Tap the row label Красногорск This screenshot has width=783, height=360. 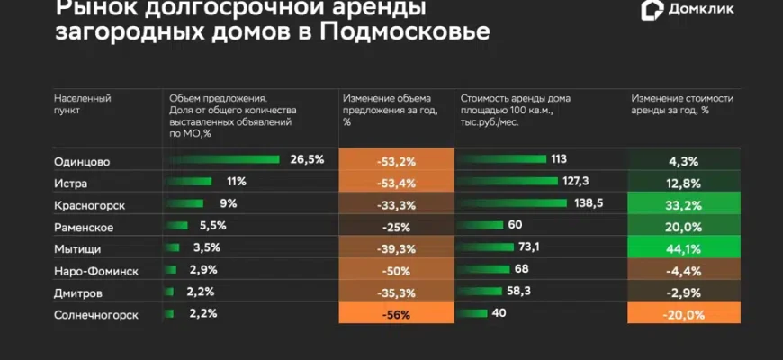tap(90, 204)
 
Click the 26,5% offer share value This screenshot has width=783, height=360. tap(306, 159)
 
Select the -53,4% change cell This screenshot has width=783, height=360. tap(396, 183)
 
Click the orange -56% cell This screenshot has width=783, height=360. tap(396, 314)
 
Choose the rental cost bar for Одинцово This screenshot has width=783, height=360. tap(502, 159)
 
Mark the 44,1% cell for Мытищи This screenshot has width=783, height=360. tap(684, 248)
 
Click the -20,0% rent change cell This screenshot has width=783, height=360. tap(684, 314)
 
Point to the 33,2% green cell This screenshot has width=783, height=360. tap(684, 204)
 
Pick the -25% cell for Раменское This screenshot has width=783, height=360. tap(396, 226)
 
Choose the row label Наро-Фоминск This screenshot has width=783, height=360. tap(96, 270)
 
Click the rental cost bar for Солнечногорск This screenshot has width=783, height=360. tap(472, 314)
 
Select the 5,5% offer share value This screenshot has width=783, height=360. tap(207, 226)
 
